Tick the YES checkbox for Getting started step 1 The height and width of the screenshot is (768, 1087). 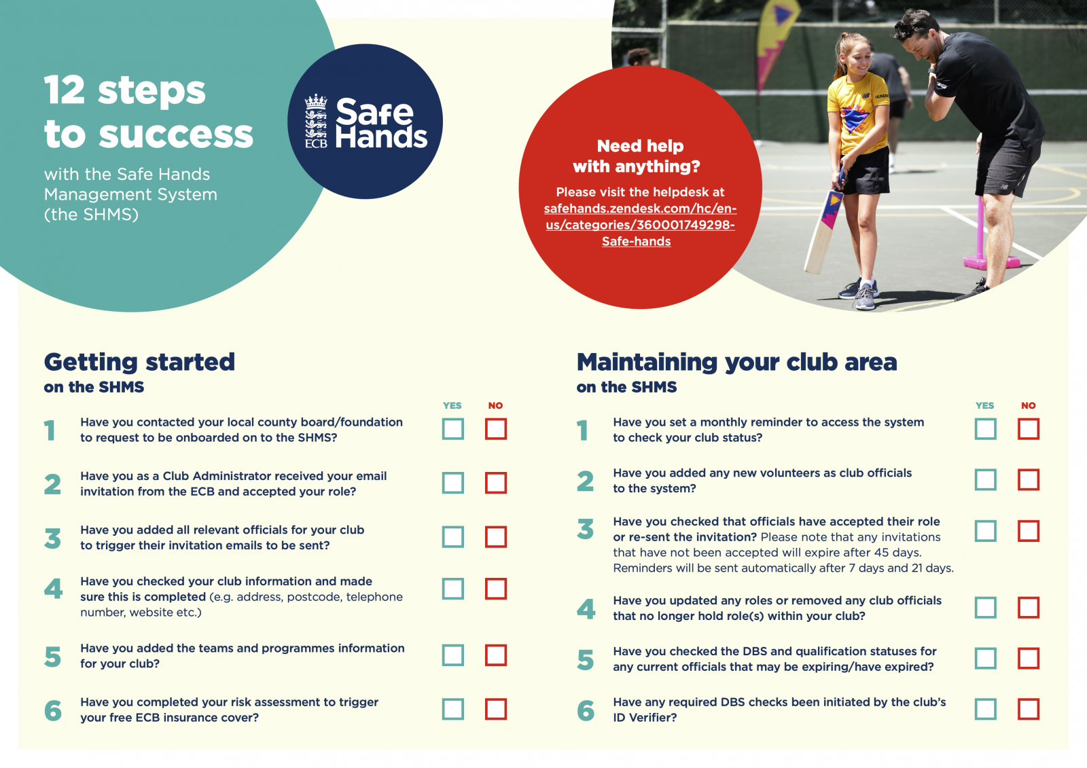(x=453, y=429)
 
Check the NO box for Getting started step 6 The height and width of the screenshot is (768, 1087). (x=496, y=709)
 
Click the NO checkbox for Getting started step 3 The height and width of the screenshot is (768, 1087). (x=496, y=536)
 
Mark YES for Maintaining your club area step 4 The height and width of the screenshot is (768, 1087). (x=986, y=607)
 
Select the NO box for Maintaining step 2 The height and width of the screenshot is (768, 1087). (x=1029, y=479)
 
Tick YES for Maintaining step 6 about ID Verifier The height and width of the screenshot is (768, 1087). (x=986, y=709)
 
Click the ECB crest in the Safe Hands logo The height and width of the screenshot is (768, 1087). (x=316, y=121)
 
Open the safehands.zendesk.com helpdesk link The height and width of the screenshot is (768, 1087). (x=640, y=225)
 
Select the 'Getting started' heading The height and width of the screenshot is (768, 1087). (x=139, y=362)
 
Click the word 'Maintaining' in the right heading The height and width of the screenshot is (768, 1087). (x=646, y=362)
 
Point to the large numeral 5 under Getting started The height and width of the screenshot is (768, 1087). (x=53, y=657)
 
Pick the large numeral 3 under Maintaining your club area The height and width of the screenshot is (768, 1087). (x=585, y=529)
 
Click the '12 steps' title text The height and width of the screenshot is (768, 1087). (x=125, y=90)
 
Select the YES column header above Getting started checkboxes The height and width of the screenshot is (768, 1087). (x=452, y=405)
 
